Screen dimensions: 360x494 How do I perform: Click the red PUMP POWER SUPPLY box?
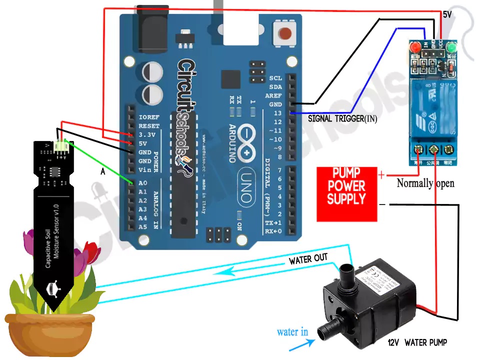346,194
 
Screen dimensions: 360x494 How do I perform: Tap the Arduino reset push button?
285,33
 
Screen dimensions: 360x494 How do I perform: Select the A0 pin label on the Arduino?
143,183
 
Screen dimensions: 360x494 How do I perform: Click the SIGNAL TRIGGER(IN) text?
342,119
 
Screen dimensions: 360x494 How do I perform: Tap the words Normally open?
425,183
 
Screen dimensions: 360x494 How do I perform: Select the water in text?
292,332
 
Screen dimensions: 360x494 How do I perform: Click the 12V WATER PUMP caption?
417,342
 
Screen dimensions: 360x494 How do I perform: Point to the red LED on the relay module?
414,47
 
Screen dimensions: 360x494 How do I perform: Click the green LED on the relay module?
452,47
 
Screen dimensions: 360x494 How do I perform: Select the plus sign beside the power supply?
382,175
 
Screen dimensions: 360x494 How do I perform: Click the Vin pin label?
145,170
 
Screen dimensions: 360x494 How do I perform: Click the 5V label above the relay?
447,15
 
